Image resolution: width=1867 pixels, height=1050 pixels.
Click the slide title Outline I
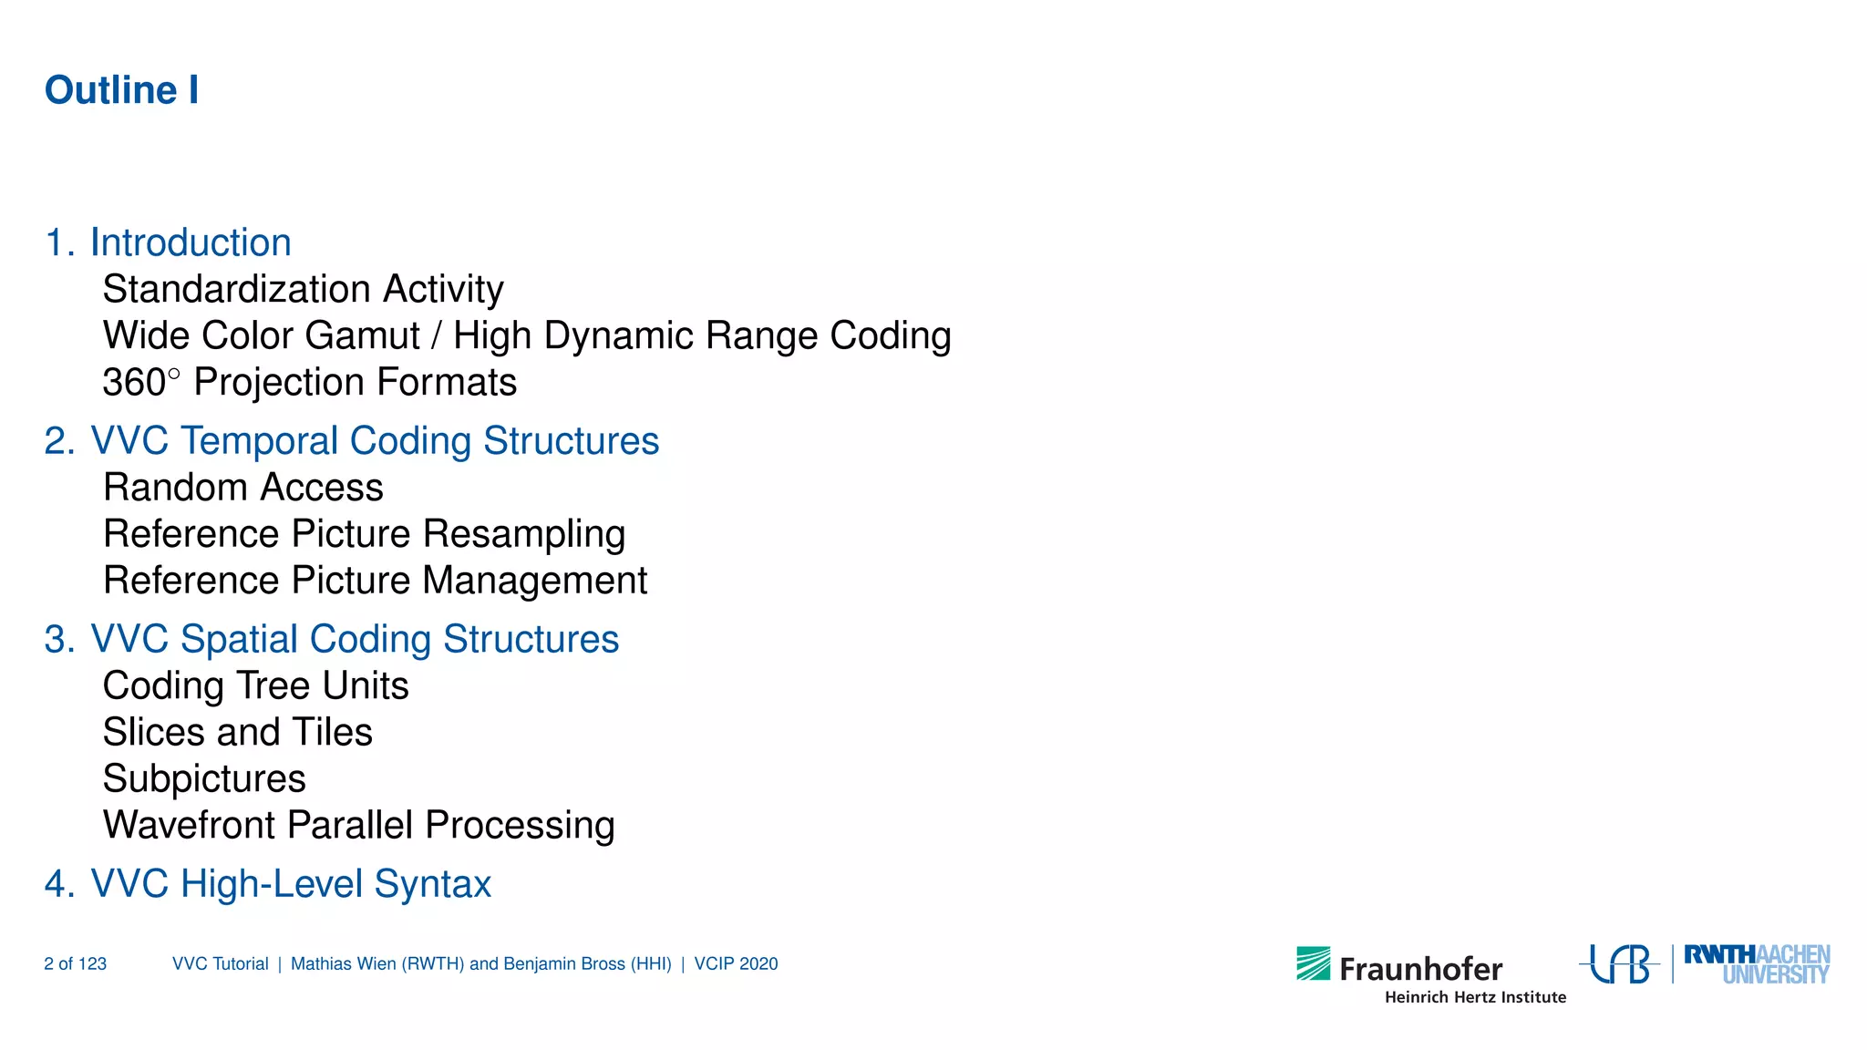[x=121, y=90]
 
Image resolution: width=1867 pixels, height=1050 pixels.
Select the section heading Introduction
[x=190, y=242]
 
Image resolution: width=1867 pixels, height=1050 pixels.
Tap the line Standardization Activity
[x=303, y=289]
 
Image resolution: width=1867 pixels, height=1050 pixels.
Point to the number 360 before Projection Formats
[x=134, y=383]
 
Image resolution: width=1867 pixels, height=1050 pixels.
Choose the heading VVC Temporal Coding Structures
[x=374, y=441]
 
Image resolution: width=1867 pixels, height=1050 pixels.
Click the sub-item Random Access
[x=242, y=488]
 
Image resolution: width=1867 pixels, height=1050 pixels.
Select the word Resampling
[x=524, y=535]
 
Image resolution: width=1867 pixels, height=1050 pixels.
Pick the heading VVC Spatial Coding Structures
[x=354, y=639]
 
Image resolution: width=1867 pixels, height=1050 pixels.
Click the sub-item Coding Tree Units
[x=255, y=686]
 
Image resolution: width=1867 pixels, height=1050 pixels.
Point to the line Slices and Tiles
[x=237, y=733]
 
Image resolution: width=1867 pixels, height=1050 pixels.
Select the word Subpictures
[x=204, y=779]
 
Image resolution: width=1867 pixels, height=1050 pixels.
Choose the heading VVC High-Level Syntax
[x=290, y=884]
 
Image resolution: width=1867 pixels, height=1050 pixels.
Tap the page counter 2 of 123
[x=75, y=964]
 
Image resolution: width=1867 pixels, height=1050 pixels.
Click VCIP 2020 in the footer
[x=736, y=964]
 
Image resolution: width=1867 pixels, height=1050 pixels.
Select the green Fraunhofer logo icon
[x=1313, y=963]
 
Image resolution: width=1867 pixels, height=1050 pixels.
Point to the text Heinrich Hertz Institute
[x=1475, y=997]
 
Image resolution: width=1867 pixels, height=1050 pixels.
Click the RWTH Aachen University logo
[x=1756, y=964]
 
